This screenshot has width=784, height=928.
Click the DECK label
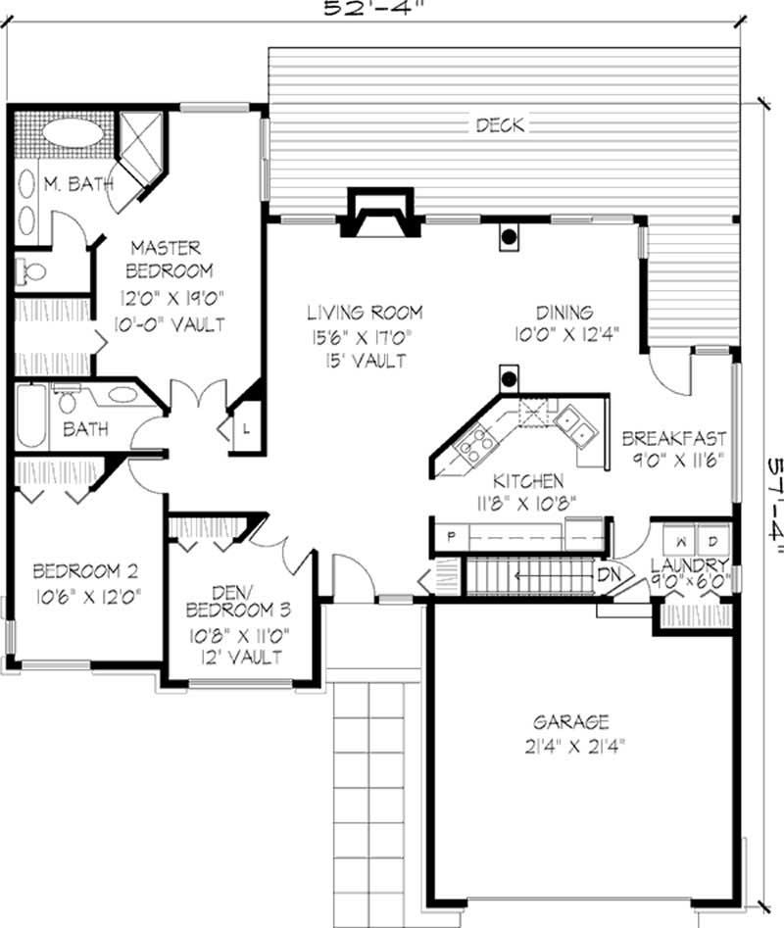(x=500, y=124)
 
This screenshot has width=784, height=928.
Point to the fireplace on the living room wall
(x=376, y=212)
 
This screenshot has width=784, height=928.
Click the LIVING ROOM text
(x=365, y=314)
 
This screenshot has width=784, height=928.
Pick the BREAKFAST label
(x=673, y=438)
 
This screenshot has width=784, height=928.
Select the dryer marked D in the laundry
(x=714, y=540)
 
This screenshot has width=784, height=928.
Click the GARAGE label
(x=571, y=722)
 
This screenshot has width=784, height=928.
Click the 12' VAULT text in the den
(x=240, y=656)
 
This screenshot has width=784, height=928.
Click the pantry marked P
(x=452, y=537)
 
